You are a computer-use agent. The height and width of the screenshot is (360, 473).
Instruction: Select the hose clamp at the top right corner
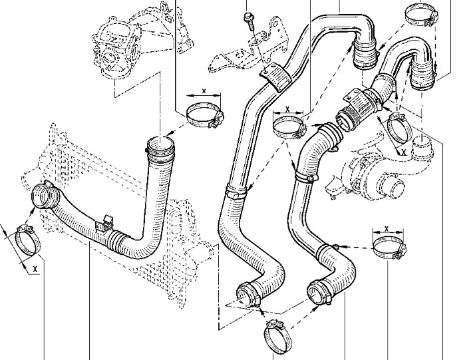(x=420, y=13)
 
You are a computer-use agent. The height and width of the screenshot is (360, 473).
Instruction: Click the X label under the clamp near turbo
(x=402, y=151)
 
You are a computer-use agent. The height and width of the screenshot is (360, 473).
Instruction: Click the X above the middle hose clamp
(x=287, y=108)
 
